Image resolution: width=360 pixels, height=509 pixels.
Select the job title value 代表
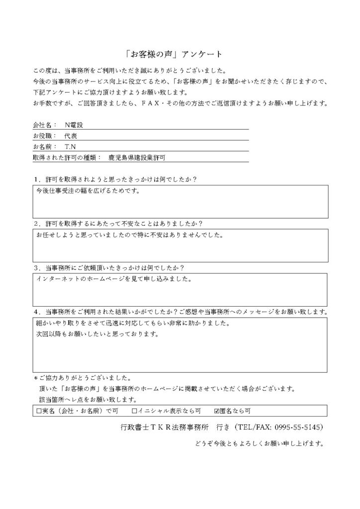[70, 136]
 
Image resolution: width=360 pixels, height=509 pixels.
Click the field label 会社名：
[44, 125]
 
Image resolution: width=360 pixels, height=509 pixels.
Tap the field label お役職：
[44, 136]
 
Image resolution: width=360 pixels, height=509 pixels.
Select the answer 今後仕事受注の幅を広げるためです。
[86, 190]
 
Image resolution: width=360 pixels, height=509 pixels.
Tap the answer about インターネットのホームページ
[113, 278]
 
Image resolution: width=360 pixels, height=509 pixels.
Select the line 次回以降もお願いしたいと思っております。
[96, 335]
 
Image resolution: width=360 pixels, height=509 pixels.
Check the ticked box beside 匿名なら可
[216, 411]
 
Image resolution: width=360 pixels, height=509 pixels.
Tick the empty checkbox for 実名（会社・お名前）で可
[39, 411]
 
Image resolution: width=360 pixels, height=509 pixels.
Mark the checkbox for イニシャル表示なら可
[134, 411]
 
